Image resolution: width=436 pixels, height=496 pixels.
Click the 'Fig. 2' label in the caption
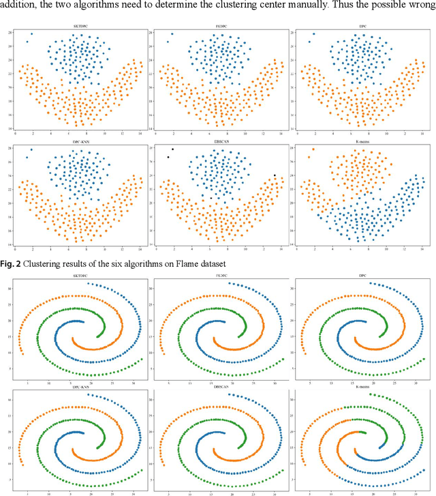click(x=13, y=263)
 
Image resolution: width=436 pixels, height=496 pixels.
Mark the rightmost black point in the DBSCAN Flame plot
click(x=275, y=175)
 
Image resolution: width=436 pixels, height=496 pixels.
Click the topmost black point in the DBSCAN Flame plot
click(x=172, y=149)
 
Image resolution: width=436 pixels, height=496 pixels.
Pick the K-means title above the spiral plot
click(x=359, y=389)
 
